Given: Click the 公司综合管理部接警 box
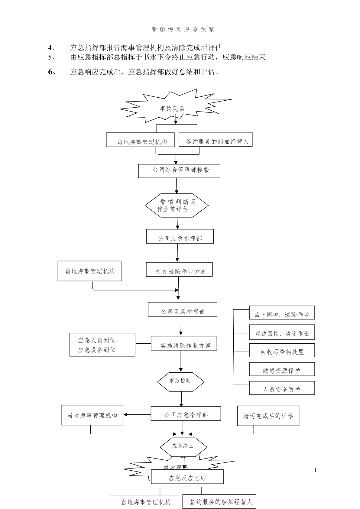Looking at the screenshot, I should pyautogui.click(x=179, y=171).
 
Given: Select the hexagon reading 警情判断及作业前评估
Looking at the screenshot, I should pyautogui.click(x=177, y=205).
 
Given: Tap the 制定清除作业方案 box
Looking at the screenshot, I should pyautogui.click(x=179, y=269).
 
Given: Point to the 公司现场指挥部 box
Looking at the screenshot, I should pyautogui.click(x=182, y=309).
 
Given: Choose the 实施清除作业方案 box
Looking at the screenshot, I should pyautogui.click(x=184, y=343).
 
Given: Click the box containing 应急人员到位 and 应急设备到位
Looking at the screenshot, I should pyautogui.click(x=102, y=345).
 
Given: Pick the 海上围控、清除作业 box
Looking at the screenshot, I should pyautogui.click(x=282, y=313).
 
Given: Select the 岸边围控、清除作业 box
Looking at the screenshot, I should pyautogui.click(x=282, y=332).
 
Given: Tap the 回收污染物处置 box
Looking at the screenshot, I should pyautogui.click(x=282, y=350).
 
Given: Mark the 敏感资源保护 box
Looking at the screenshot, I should pyautogui.click(x=282, y=369).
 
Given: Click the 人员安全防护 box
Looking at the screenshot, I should pyautogui.click(x=282, y=388).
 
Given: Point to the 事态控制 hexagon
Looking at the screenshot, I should pyautogui.click(x=180, y=381).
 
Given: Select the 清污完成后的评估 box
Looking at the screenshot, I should pyautogui.click(x=268, y=416).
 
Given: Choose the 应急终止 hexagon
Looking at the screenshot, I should pyautogui.click(x=183, y=446).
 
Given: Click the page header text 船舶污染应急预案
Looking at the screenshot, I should pyautogui.click(x=183, y=29).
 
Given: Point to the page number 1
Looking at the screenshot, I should pyautogui.click(x=316, y=470).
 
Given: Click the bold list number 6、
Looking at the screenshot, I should pyautogui.click(x=52, y=72).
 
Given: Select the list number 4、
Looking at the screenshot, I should pyautogui.click(x=51, y=48).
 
